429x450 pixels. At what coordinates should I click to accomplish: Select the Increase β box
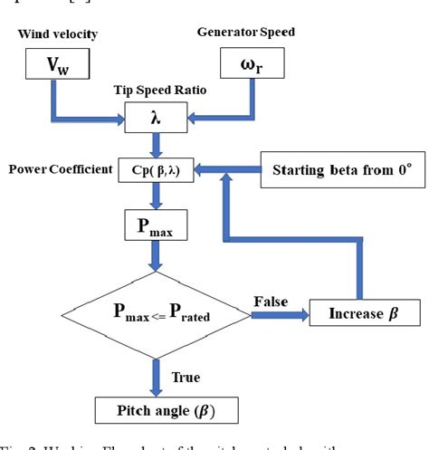(357, 316)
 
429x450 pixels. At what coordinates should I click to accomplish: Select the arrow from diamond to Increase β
(272, 316)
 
